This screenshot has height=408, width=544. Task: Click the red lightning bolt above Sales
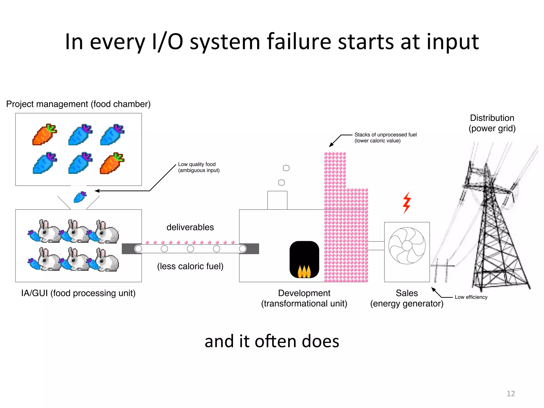pos(407,203)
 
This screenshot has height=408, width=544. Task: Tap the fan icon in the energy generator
pos(407,246)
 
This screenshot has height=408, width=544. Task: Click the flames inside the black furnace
pos(304,271)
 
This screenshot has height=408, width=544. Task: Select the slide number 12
pos(511,393)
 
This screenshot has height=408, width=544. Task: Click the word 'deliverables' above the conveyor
pos(190,227)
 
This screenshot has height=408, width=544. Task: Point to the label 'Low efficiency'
pos(471,297)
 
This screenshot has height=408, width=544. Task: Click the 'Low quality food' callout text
pos(199,167)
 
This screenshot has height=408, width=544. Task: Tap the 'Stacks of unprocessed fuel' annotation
pos(385,138)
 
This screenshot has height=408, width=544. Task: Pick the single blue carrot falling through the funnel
pos(80,197)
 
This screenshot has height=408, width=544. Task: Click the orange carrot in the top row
pos(44,134)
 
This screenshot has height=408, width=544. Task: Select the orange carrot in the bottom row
pos(112,163)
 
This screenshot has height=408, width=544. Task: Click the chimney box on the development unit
pos(277,200)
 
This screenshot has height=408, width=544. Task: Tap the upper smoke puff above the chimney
pos(286,168)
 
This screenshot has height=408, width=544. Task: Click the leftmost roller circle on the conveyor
pos(138,249)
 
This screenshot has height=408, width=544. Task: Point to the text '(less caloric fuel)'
pos(190,266)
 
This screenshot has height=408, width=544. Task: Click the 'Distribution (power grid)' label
pos(492,123)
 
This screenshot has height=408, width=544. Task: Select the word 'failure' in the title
pos(299,42)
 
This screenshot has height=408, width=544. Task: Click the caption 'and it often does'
pos(272,341)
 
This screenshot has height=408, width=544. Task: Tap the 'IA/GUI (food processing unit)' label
pos(78,293)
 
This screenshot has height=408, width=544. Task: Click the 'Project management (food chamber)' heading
pos(78,104)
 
